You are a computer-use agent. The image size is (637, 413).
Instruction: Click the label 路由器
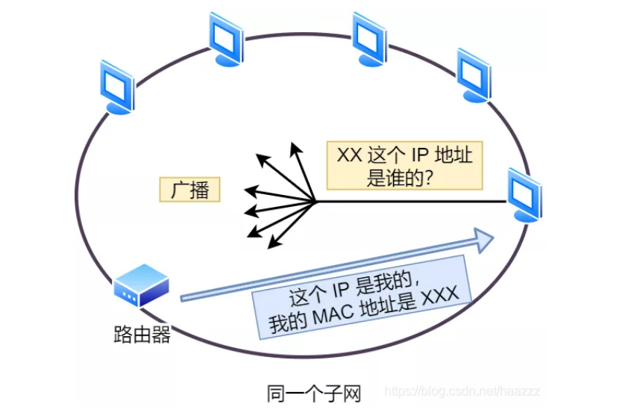tap(141, 334)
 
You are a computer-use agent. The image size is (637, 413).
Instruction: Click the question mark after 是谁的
tap(430, 179)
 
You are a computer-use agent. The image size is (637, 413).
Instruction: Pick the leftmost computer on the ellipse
tap(117, 86)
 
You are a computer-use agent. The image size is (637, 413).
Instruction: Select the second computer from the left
tap(226, 37)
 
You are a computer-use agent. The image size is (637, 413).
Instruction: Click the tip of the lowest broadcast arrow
tap(269, 245)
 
